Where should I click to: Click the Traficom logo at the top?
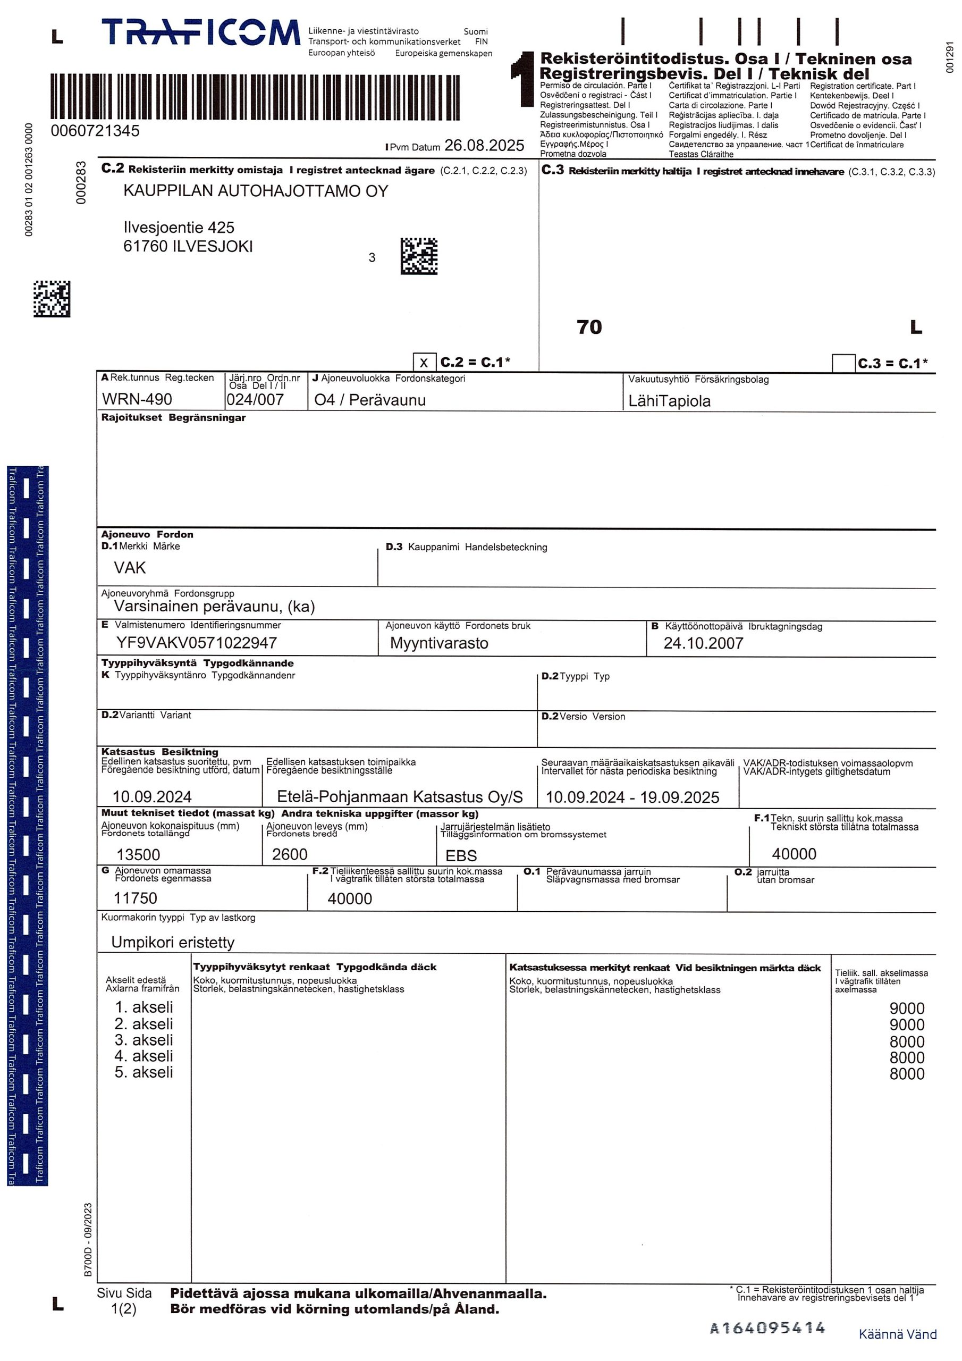tap(200, 32)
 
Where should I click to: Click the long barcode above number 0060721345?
tap(264, 97)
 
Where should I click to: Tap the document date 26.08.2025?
tap(484, 146)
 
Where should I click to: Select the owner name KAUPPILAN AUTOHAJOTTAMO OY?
tap(256, 191)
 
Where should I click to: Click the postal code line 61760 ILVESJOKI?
tap(188, 247)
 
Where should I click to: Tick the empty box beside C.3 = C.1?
tap(843, 363)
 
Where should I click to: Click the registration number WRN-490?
tap(137, 399)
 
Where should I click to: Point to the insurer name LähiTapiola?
tap(669, 401)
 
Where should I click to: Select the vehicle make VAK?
tap(130, 568)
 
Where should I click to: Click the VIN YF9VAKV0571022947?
tap(196, 643)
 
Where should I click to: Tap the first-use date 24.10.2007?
tap(703, 643)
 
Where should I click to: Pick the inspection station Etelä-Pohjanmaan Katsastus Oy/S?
tap(400, 797)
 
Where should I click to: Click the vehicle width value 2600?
tap(289, 854)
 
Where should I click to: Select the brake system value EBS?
tap(461, 855)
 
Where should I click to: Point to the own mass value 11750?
tap(135, 898)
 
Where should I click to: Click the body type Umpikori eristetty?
tap(173, 943)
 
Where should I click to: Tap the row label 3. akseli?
tap(144, 1040)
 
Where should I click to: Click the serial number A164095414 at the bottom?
tap(767, 1328)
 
